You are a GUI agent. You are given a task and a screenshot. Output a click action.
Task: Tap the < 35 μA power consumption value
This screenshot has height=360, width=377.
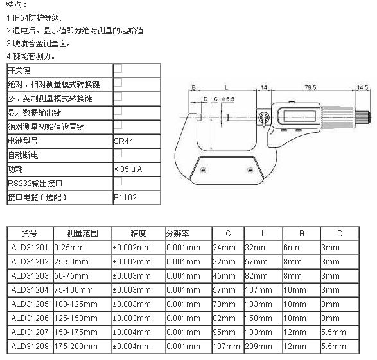point(128,169)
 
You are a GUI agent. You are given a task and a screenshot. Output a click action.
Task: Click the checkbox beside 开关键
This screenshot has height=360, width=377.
point(118,68)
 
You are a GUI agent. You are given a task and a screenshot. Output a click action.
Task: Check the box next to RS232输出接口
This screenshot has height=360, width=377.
point(118,182)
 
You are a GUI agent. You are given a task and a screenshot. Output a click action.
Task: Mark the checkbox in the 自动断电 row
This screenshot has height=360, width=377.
point(118,153)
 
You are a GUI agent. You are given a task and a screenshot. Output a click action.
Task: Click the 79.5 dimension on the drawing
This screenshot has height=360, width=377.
point(310,87)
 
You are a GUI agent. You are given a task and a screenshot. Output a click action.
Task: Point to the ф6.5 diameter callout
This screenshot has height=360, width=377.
point(228,99)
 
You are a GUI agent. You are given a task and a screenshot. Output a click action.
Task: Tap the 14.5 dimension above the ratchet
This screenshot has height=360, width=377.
point(363,87)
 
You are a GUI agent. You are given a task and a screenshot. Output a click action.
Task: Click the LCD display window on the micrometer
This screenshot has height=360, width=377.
point(299,116)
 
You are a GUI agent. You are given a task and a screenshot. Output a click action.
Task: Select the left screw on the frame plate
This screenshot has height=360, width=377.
point(203,170)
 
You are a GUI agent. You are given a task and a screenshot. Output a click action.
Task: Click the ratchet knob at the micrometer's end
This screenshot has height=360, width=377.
point(363,117)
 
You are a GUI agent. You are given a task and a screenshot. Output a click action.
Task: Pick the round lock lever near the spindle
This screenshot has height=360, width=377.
point(263,117)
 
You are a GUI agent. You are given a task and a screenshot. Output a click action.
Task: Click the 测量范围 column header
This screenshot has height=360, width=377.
point(82,233)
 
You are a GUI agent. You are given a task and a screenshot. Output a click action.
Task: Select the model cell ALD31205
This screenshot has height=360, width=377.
point(30,304)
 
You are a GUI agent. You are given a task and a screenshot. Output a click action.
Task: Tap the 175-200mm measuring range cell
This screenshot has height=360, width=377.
point(76,347)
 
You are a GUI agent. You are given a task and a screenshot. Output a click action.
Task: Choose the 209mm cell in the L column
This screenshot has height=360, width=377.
point(258,347)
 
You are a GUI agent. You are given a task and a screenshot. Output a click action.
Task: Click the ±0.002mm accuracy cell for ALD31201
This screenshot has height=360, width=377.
point(132,248)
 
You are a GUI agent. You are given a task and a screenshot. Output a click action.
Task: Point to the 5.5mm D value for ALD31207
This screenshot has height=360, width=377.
point(333,332)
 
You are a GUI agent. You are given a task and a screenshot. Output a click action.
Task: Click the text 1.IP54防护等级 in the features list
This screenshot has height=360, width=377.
point(34,18)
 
